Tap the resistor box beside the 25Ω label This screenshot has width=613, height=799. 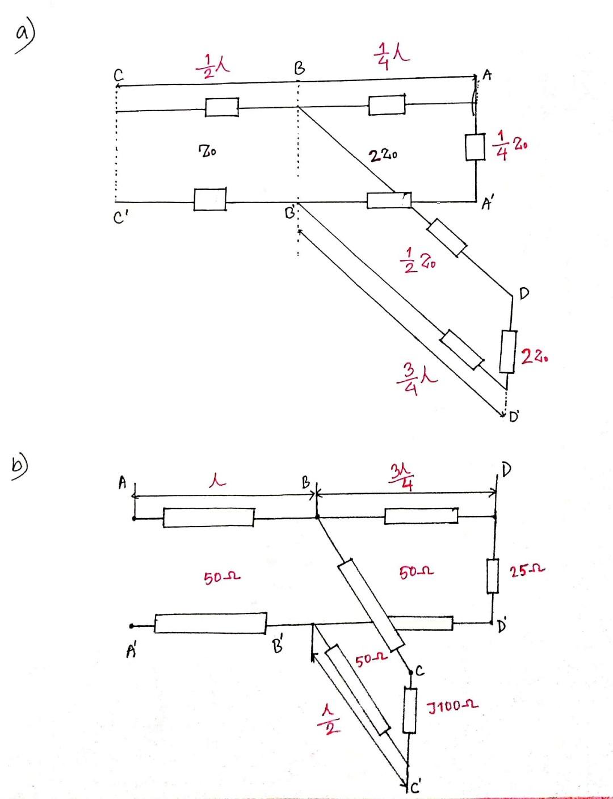click(x=492, y=576)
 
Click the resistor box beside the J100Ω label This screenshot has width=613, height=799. click(x=410, y=710)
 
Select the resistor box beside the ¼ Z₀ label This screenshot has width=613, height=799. click(x=475, y=147)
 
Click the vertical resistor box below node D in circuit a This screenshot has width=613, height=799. click(x=508, y=352)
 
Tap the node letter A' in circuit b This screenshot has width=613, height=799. click(x=131, y=651)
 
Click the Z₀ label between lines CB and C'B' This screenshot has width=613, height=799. click(x=207, y=152)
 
